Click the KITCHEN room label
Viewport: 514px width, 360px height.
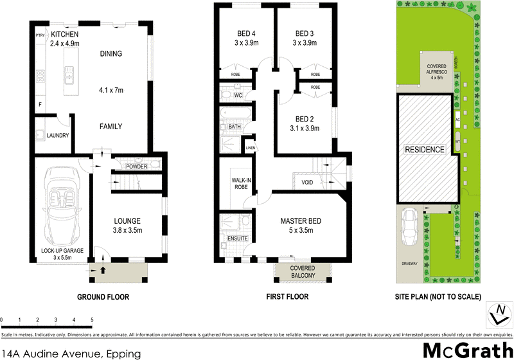(64, 34)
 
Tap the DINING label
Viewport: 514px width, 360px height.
(111, 54)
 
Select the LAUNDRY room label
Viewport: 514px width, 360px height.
(57, 135)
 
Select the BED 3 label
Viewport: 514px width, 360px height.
(305, 33)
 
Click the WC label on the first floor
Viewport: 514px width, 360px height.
(237, 96)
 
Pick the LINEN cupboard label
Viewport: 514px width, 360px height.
(250, 148)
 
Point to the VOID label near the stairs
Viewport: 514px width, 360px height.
(307, 183)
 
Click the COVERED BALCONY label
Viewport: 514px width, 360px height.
(302, 271)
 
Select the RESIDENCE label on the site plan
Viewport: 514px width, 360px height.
(424, 150)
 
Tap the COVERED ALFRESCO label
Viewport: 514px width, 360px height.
(437, 71)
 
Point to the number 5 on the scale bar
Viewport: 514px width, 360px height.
(92, 319)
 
